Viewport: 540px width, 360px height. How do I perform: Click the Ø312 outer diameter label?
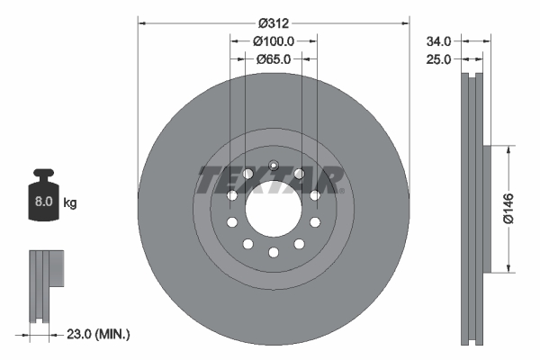point(273,13)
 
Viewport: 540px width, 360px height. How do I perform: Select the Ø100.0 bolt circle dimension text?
point(273,40)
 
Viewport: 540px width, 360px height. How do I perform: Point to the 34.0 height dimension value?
point(438,40)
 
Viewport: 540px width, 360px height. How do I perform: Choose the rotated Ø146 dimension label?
point(508,207)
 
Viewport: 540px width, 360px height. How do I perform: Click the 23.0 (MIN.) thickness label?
point(99,334)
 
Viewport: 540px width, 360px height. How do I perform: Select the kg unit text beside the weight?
point(70,203)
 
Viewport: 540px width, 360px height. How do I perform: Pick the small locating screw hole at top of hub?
point(273,164)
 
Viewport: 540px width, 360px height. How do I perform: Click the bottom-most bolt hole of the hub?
point(273,253)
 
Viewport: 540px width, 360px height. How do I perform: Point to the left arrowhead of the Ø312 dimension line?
point(141,22)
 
